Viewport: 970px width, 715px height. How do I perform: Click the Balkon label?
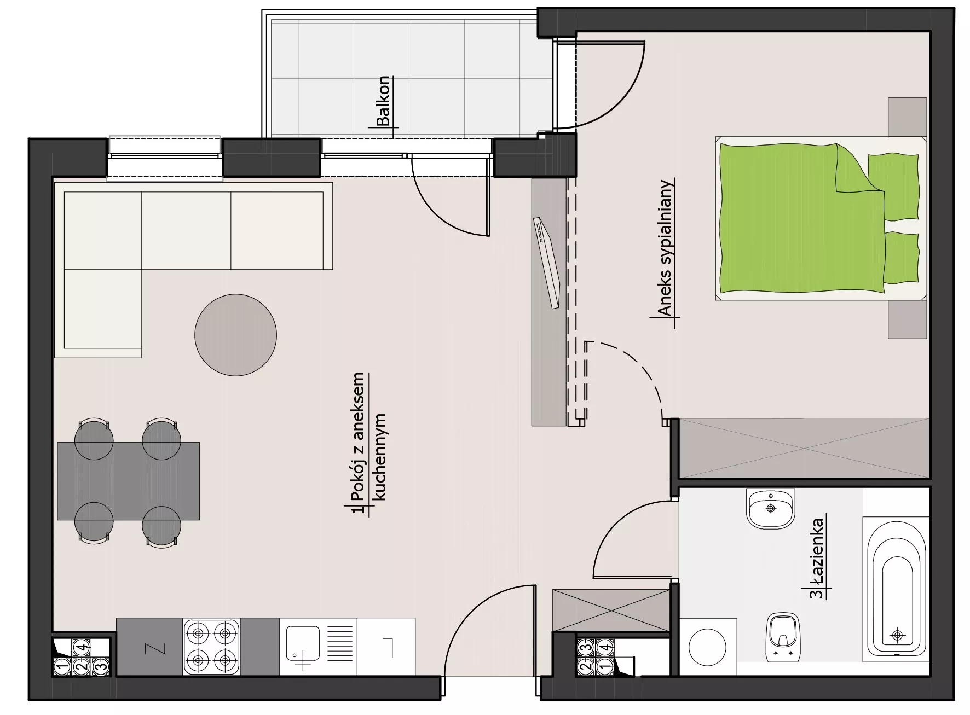coord(384,101)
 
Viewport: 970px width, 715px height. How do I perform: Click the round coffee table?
coord(235,335)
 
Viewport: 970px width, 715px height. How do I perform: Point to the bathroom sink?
coord(770,509)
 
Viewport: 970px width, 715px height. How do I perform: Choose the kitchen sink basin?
coord(303,646)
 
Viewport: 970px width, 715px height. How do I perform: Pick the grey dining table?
coord(128,481)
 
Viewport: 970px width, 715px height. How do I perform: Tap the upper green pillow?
coord(893,187)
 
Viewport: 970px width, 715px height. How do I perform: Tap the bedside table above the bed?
coord(907,117)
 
